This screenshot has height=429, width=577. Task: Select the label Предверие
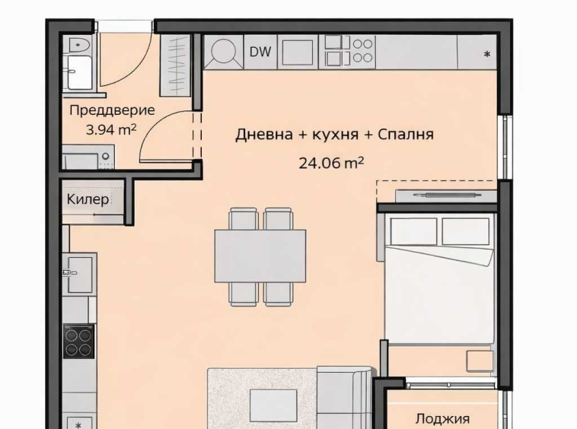point(111,110)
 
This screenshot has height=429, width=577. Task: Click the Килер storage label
point(88,200)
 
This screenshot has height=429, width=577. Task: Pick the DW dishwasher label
point(259,52)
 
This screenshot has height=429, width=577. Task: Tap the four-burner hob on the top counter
point(349,50)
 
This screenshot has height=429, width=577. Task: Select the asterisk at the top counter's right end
point(486,54)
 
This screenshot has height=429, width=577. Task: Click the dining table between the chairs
point(260,255)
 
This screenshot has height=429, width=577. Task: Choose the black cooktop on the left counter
point(78,340)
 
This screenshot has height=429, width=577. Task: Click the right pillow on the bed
point(465,231)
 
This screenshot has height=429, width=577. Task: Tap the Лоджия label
point(442,418)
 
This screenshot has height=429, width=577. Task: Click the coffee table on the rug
point(273,405)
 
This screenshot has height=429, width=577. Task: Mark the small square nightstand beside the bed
point(480,359)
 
